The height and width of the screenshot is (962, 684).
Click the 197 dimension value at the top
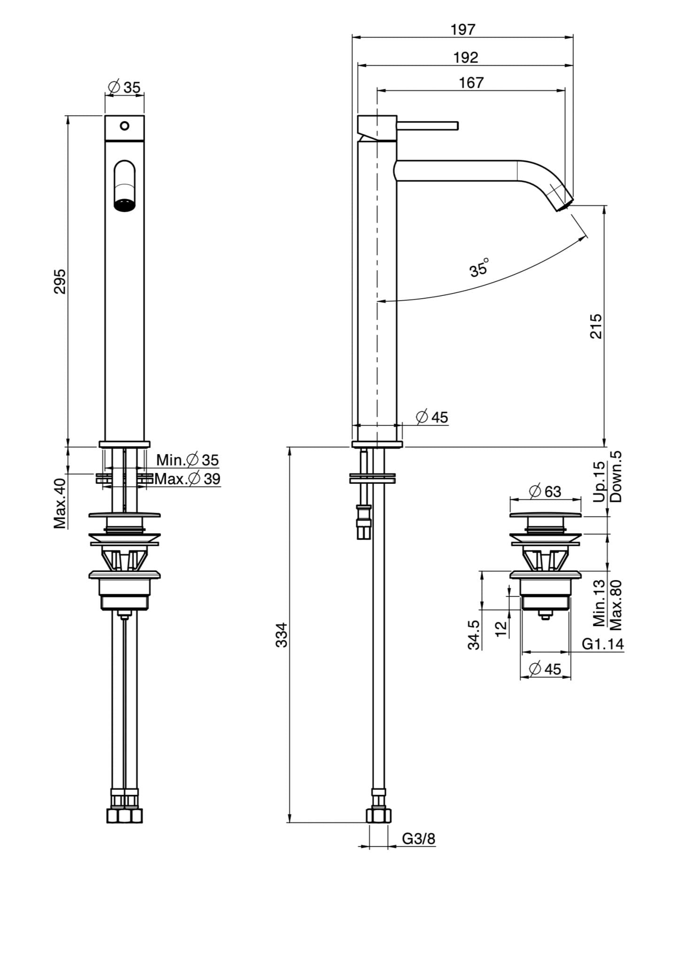click(462, 30)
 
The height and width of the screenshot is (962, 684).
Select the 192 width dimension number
click(465, 58)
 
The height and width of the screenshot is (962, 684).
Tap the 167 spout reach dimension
click(470, 83)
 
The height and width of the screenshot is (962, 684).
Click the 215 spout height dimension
click(595, 326)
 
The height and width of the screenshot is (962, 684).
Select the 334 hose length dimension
click(281, 635)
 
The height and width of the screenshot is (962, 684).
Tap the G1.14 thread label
click(603, 644)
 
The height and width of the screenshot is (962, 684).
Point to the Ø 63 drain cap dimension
click(545, 491)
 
